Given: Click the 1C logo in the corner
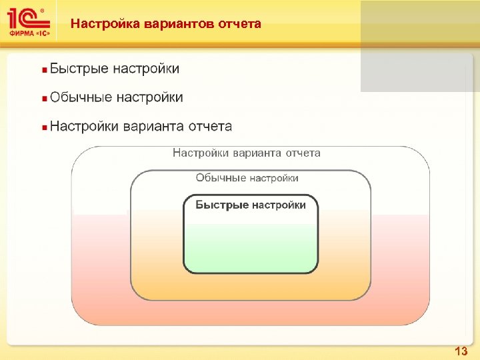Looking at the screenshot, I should pyautogui.click(x=25, y=18).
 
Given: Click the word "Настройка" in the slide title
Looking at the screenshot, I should pyautogui.click(x=99, y=24).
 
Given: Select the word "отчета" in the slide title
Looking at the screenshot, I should pyautogui.click(x=239, y=24).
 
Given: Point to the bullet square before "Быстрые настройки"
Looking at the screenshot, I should pyautogui.click(x=44, y=69).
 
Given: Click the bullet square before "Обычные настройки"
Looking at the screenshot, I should pyautogui.click(x=44, y=98).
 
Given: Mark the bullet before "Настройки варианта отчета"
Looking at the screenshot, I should pyautogui.click(x=44, y=127).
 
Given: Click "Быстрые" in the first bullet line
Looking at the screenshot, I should pyautogui.click(x=79, y=69).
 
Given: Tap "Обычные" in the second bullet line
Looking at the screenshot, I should pyautogui.click(x=81, y=97).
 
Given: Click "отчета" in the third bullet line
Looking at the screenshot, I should pyautogui.click(x=209, y=126).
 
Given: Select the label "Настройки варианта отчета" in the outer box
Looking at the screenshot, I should pyautogui.click(x=247, y=153).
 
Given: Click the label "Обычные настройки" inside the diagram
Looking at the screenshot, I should pyautogui.click(x=247, y=178).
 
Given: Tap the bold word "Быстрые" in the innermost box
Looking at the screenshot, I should pyautogui.click(x=222, y=205).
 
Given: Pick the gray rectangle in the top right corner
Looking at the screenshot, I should pyautogui.click(x=420, y=45).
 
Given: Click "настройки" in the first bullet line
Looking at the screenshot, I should pyautogui.click(x=145, y=69).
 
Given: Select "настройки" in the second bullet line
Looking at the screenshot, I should pyautogui.click(x=149, y=97).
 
